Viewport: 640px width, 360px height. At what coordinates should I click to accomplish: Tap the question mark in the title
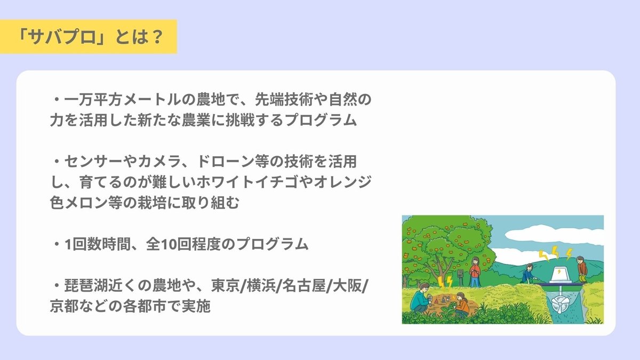[x=156, y=37]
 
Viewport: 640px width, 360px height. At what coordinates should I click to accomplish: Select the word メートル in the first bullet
[x=151, y=100]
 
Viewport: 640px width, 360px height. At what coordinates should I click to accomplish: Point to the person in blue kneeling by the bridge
[x=528, y=274]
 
